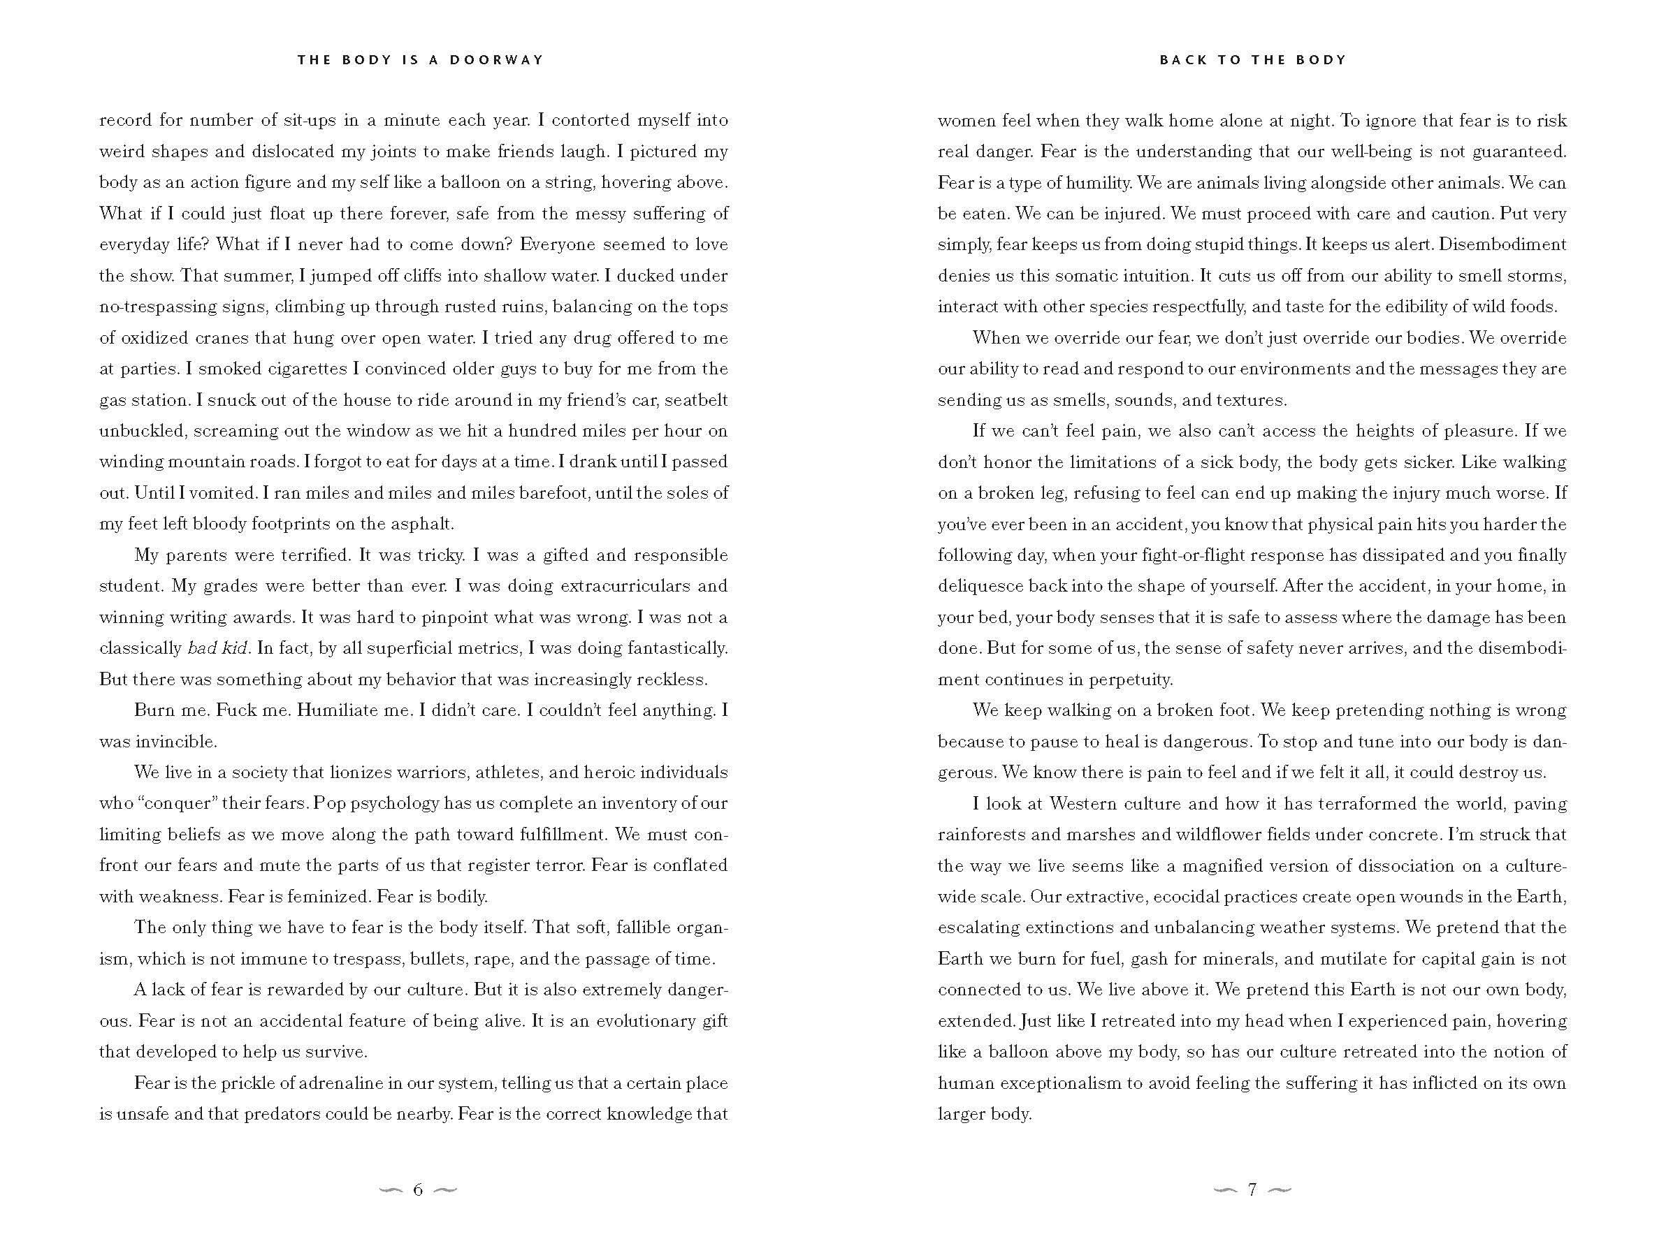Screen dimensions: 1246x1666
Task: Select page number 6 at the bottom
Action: [x=418, y=1189]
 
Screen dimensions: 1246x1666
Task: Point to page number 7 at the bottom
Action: [x=1252, y=1189]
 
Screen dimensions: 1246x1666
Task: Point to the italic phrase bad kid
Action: [x=217, y=648]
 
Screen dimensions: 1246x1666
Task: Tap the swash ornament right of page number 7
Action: [x=1280, y=1189]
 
